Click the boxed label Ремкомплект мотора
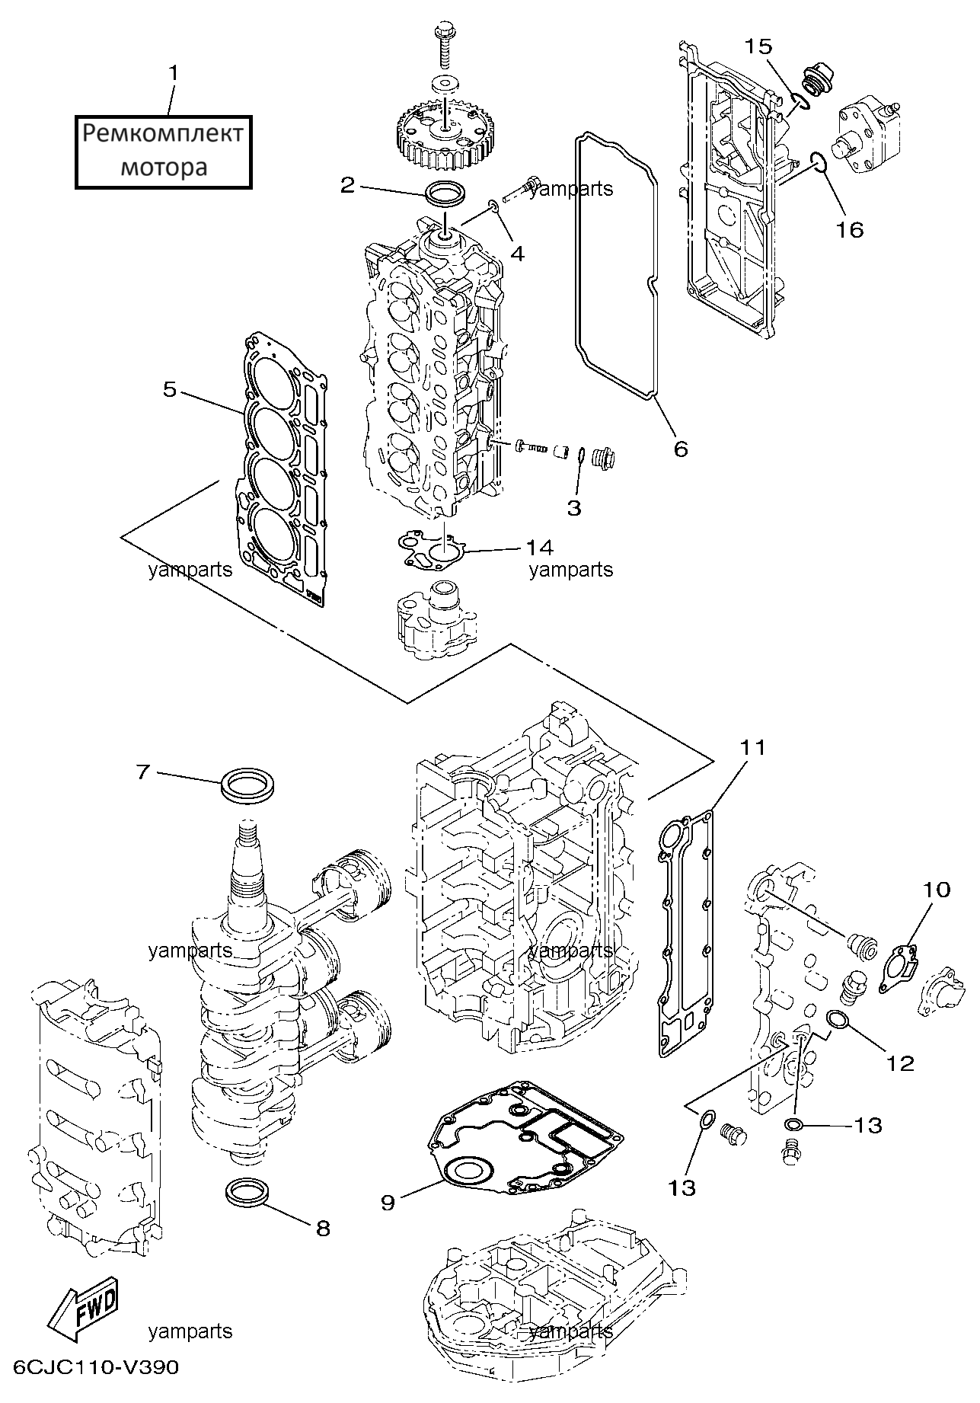(163, 152)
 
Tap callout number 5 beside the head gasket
(170, 390)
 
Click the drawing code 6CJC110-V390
(96, 1389)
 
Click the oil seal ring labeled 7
(247, 785)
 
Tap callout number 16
(850, 229)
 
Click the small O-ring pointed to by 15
(799, 99)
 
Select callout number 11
(752, 748)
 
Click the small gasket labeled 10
(899, 967)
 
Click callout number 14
(539, 547)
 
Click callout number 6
(681, 449)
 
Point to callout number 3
(574, 507)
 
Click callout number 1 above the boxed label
(174, 73)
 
